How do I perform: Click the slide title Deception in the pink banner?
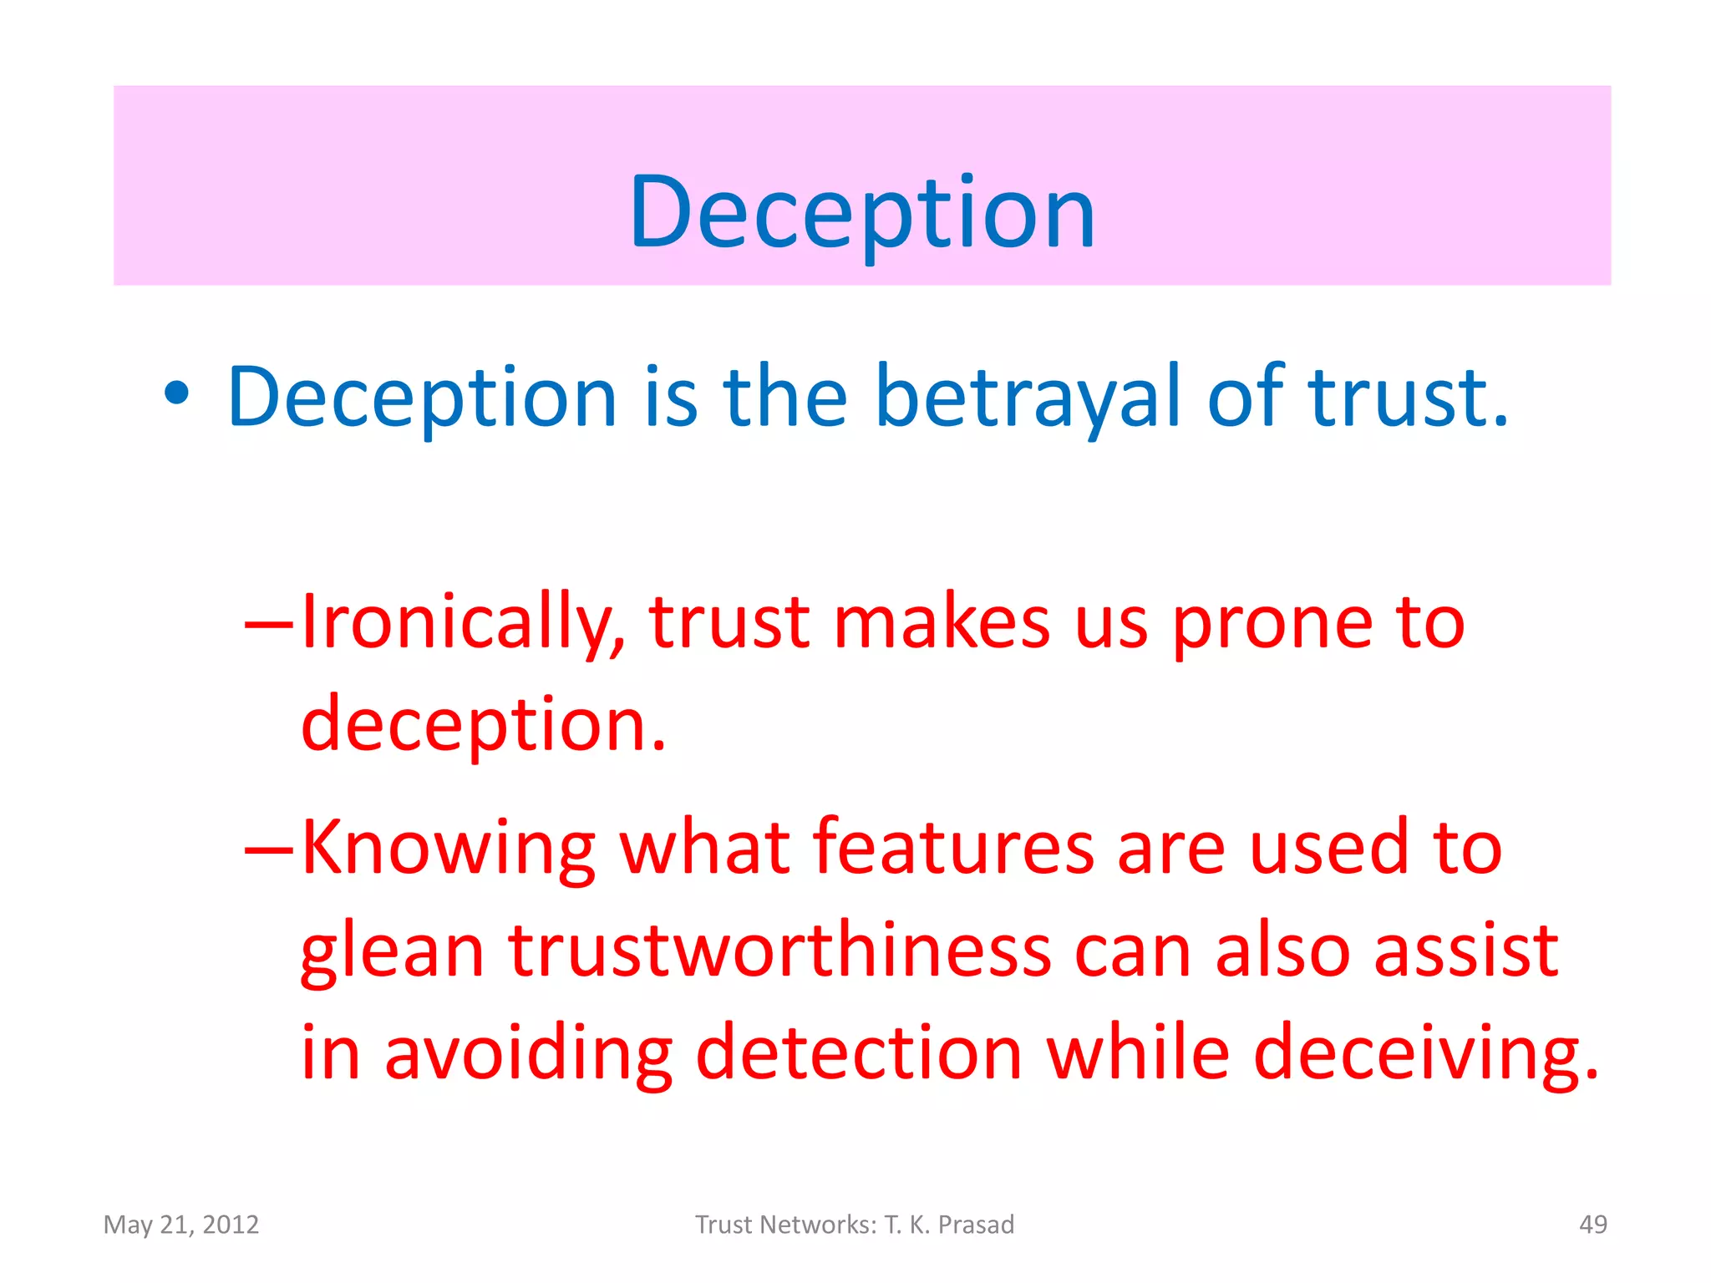pos(861,213)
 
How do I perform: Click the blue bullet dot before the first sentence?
pos(176,394)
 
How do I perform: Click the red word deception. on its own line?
pos(483,724)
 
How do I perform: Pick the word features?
pos(952,847)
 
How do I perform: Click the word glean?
pos(392,952)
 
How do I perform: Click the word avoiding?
pos(528,1054)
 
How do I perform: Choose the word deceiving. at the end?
pos(1426,1054)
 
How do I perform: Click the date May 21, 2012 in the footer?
pos(181,1225)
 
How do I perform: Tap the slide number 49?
pos(1592,1225)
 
